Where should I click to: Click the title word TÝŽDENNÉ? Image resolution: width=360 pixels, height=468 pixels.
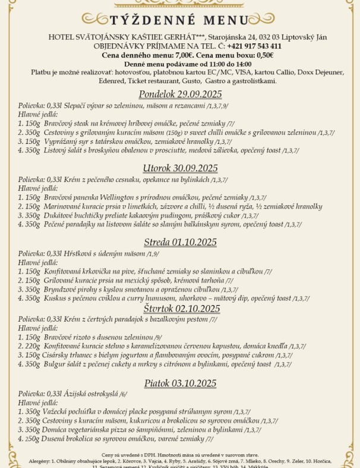[x=142, y=19]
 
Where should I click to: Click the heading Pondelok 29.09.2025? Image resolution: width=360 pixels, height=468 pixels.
[x=181, y=94]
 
